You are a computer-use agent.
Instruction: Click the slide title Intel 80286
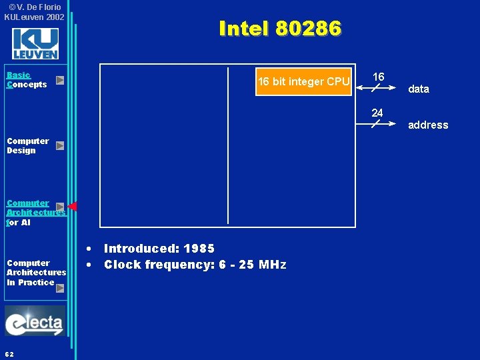280,29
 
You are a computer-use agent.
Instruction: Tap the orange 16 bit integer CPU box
303,82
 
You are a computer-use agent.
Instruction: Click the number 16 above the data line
378,77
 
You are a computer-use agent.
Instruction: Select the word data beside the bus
419,89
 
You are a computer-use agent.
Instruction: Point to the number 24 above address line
377,113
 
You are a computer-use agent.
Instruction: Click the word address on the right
428,125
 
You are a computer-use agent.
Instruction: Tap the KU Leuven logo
35,44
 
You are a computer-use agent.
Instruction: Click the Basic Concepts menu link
27,80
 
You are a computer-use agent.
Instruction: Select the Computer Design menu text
28,145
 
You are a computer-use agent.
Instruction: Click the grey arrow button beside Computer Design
60,145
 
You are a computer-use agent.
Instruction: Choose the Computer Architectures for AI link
30,212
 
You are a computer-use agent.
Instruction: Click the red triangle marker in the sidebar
73,206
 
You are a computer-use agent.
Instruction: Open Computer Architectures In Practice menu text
36,272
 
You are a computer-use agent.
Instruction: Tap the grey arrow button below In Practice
60,288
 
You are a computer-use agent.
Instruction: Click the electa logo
35,321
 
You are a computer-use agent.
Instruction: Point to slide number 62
9,353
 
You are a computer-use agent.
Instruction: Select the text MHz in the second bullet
273,265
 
